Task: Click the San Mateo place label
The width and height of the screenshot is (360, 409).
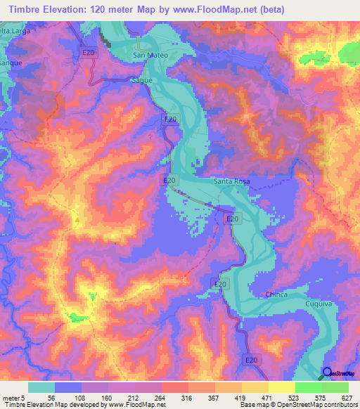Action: point(148,54)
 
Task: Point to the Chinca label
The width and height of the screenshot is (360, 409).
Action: point(277,294)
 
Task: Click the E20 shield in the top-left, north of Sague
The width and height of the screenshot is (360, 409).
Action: point(88,53)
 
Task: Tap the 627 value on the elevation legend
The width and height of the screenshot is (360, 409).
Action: point(348,397)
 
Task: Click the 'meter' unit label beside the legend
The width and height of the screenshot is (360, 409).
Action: point(11,397)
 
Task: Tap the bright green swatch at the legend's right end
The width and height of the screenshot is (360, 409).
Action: point(335,387)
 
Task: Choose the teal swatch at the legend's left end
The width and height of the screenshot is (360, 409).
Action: point(41,387)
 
